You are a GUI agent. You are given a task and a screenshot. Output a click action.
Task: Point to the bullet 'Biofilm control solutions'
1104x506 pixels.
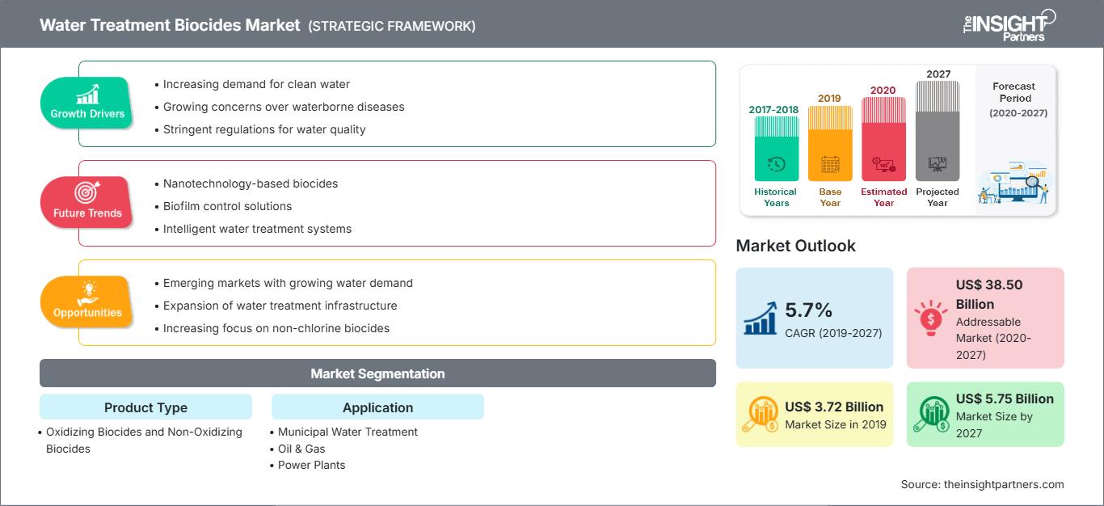pyautogui.click(x=227, y=206)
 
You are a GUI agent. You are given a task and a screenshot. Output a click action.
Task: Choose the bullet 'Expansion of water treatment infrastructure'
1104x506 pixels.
pyautogui.click(x=280, y=306)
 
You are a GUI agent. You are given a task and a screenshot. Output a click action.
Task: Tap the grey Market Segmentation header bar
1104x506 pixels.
pyautogui.click(x=377, y=373)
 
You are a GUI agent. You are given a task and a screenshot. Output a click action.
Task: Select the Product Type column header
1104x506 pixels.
pyautogui.click(x=145, y=407)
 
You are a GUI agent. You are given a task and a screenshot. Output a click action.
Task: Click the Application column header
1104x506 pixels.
pyautogui.click(x=377, y=407)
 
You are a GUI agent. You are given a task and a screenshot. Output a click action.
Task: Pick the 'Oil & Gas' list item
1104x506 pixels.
pyautogui.click(x=301, y=449)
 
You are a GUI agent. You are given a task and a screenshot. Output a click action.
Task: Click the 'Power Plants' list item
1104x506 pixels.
pyautogui.click(x=311, y=465)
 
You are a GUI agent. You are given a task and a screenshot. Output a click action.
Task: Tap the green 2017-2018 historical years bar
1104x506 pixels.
pyautogui.click(x=776, y=148)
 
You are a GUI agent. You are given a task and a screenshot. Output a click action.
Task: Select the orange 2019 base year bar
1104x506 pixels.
pyautogui.click(x=830, y=143)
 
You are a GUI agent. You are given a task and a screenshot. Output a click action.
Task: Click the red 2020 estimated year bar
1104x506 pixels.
pyautogui.click(x=883, y=139)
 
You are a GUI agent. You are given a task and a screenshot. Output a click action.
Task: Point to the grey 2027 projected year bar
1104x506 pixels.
pyautogui.click(x=938, y=131)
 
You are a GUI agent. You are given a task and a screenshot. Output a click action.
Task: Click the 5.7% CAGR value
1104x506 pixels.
pyautogui.click(x=808, y=310)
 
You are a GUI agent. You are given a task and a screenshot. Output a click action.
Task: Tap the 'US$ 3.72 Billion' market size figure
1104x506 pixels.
pyautogui.click(x=834, y=407)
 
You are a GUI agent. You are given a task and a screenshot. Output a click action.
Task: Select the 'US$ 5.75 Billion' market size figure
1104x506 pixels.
pyautogui.click(x=1005, y=398)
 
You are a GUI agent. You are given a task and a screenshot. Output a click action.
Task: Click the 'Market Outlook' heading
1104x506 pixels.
pyautogui.click(x=795, y=246)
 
